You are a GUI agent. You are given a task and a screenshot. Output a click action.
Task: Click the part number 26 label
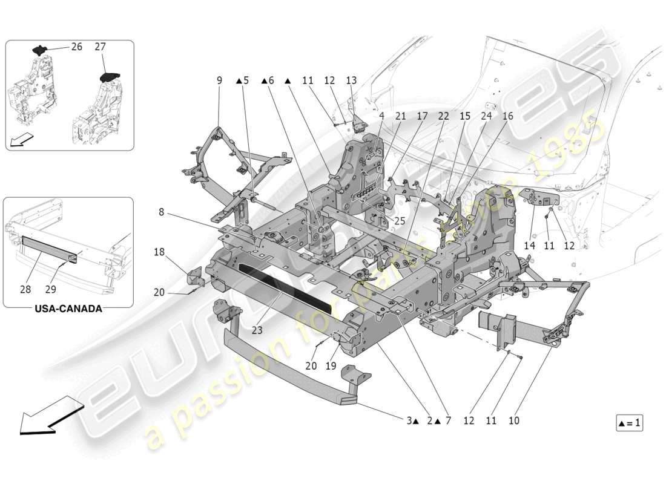77,46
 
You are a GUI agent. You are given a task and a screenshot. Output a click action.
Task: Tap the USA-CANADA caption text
68,309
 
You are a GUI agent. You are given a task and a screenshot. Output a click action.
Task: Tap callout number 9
219,80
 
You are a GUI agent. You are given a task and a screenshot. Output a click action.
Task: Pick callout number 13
351,80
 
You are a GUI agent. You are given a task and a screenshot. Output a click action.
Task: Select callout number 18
159,251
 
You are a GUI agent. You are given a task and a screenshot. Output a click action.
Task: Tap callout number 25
400,221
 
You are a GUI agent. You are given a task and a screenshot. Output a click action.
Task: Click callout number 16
507,115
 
